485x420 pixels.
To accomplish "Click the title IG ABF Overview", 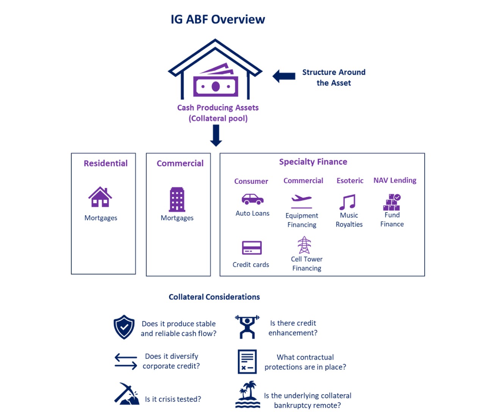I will pyautogui.click(x=217, y=19).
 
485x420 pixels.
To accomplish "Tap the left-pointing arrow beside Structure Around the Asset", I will pyautogui.click(x=284, y=76).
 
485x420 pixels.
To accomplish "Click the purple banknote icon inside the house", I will pyautogui.click(x=216, y=82).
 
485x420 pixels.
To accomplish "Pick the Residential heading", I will pyautogui.click(x=106, y=163).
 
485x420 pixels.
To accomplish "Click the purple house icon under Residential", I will pyautogui.click(x=100, y=197).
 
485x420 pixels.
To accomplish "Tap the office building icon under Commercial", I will pyautogui.click(x=177, y=199).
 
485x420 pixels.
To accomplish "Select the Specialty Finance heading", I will pyautogui.click(x=313, y=162).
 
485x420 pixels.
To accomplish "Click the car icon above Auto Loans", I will pyautogui.click(x=252, y=199).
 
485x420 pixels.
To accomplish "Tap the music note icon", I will pyautogui.click(x=347, y=202).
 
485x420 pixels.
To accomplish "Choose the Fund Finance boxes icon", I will pyautogui.click(x=392, y=202).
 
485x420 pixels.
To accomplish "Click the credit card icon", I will pyautogui.click(x=252, y=248).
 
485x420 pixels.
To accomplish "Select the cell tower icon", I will pyautogui.click(x=304, y=245).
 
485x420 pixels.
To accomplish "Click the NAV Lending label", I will pyautogui.click(x=395, y=180).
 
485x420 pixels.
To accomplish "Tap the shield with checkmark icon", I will pyautogui.click(x=124, y=327).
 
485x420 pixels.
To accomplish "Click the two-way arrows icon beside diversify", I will pyautogui.click(x=126, y=361).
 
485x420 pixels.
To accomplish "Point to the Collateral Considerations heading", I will pyautogui.click(x=214, y=297).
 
